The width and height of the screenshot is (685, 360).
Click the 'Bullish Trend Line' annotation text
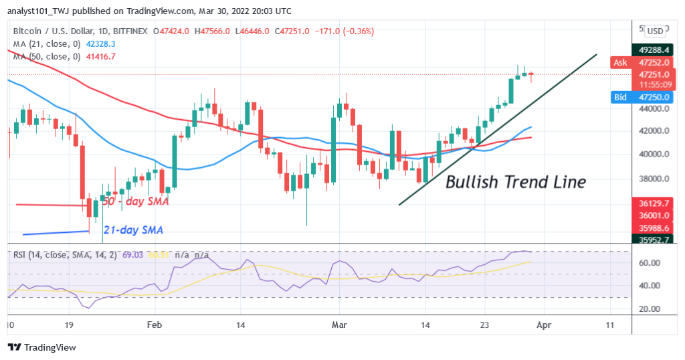point(515,181)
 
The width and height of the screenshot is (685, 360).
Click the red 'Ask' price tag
point(620,62)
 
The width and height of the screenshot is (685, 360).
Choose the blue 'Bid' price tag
point(620,97)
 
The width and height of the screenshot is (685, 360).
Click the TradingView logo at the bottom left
point(41,347)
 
